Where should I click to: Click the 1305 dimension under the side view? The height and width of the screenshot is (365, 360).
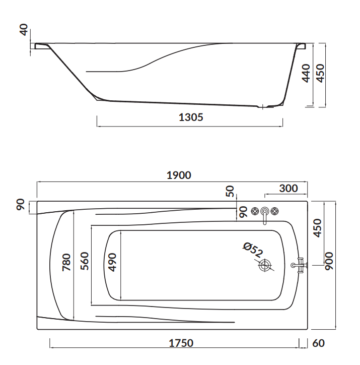[x=191, y=117]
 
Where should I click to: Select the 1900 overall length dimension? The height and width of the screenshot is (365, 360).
[x=179, y=175]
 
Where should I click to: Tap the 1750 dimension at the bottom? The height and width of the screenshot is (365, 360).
[x=181, y=343]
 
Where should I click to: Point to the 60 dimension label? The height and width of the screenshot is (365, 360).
[x=318, y=343]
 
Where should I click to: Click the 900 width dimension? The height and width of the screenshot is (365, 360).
[x=329, y=261]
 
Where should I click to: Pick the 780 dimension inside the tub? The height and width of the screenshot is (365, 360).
[x=66, y=262]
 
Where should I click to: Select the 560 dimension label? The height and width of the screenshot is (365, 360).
[x=85, y=261]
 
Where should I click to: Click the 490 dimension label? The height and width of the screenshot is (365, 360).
[x=112, y=262]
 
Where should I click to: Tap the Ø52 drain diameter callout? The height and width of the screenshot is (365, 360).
[x=253, y=250]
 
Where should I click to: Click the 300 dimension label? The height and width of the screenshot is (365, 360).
[x=289, y=189]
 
